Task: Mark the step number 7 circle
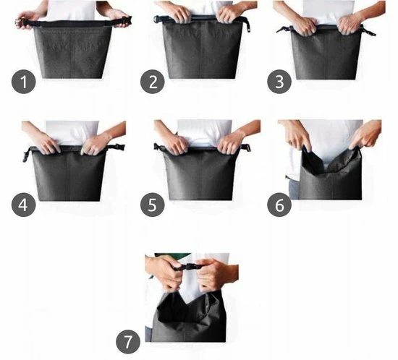[x=128, y=340]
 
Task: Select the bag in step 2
[x=200, y=51]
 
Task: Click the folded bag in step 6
[x=330, y=177]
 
